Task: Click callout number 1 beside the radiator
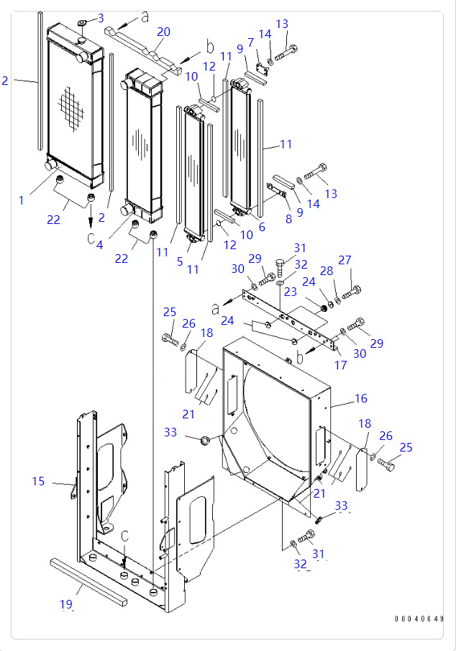pos(22,200)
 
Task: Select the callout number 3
pos(100,17)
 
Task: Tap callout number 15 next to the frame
pos(38,481)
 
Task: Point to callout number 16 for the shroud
pos(360,398)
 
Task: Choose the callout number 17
pos(340,365)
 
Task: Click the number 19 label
pos(65,605)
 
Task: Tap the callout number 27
pos(345,260)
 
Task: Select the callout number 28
pos(326,271)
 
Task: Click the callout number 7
pos(251,43)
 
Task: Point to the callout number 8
pos(288,219)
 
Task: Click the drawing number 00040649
pos(419,619)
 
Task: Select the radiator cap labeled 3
pos(81,22)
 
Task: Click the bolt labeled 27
pos(352,292)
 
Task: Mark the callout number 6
pos(261,228)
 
